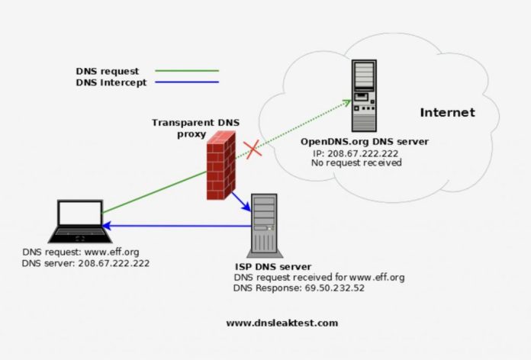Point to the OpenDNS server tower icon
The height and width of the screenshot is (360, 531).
[365, 95]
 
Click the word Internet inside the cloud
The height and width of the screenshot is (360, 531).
[447, 113]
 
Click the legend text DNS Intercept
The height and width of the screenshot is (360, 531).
[111, 82]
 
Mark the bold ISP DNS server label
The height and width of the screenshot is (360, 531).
[272, 266]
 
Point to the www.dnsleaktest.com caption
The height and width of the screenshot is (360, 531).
[281, 323]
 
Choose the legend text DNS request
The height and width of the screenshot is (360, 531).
[108, 70]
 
